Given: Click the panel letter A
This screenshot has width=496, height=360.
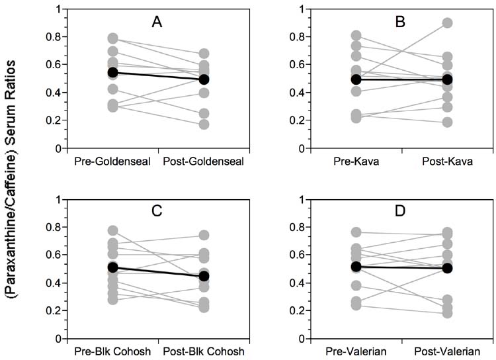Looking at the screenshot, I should point(157,22).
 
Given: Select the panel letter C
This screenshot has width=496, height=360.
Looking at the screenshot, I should point(157,212).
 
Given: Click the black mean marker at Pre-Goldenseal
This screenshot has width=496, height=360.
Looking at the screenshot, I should point(113,72).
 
